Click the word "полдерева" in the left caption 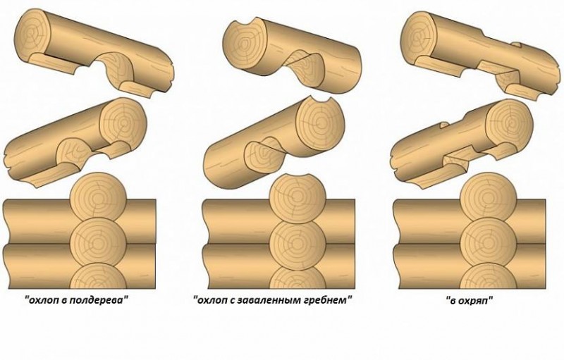[95, 300]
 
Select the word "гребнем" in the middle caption [328, 300]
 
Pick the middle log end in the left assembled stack [98, 243]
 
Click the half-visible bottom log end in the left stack [98, 276]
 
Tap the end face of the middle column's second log [320, 123]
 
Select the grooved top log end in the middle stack [298, 198]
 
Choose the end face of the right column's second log [510, 121]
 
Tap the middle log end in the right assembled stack [489, 243]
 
